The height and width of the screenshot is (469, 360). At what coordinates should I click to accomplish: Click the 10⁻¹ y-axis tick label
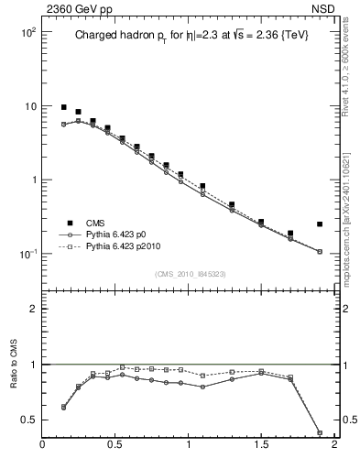[x=26, y=254]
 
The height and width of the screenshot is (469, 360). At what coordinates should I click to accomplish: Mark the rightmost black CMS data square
[x=320, y=224]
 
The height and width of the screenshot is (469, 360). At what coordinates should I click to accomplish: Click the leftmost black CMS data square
[x=64, y=107]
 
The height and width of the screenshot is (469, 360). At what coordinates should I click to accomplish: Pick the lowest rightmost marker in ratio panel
[x=320, y=432]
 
